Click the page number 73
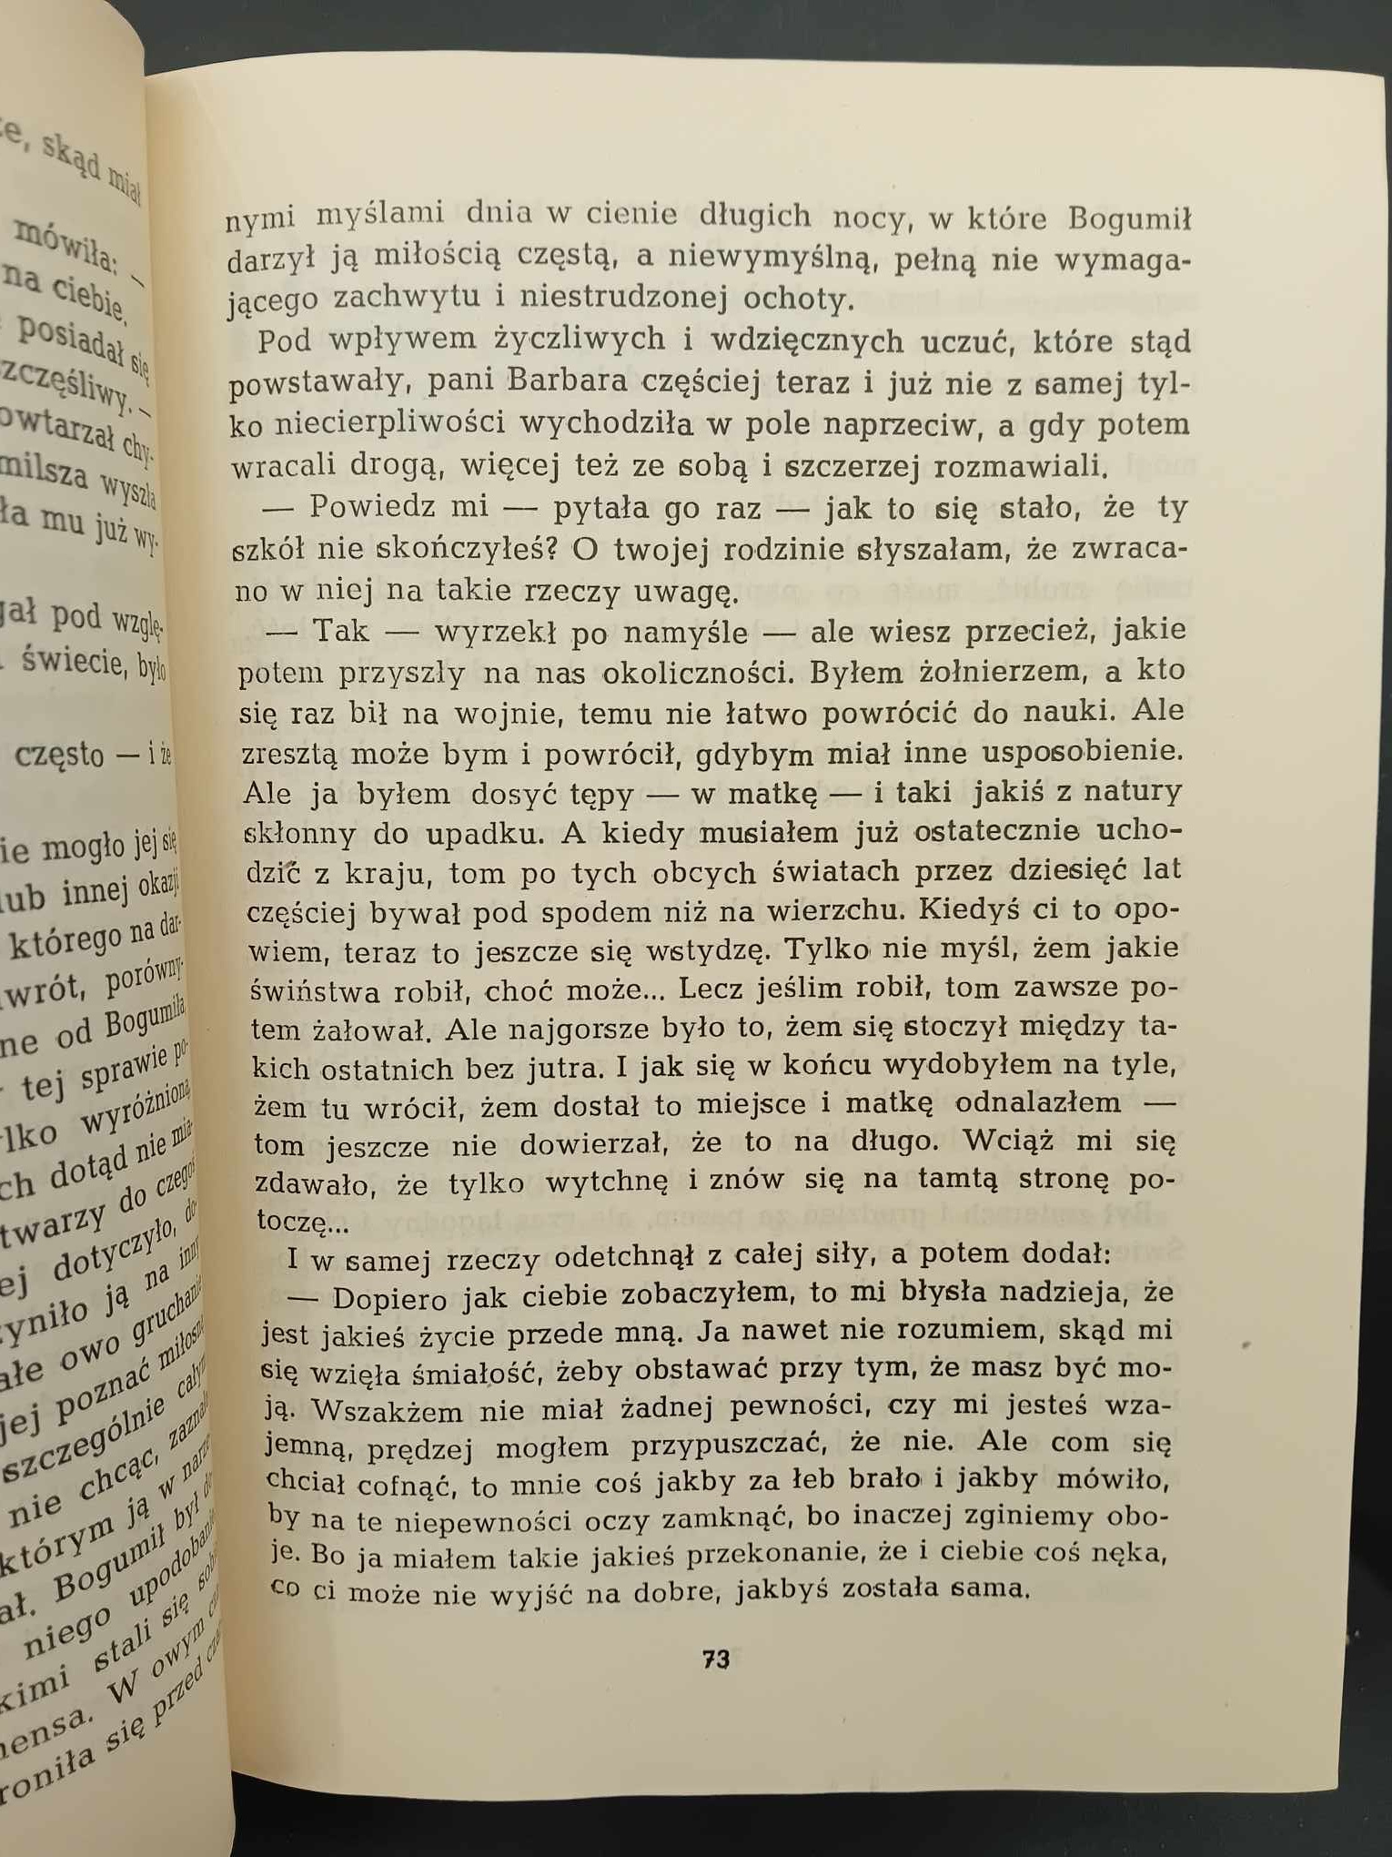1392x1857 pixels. [x=716, y=1659]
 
